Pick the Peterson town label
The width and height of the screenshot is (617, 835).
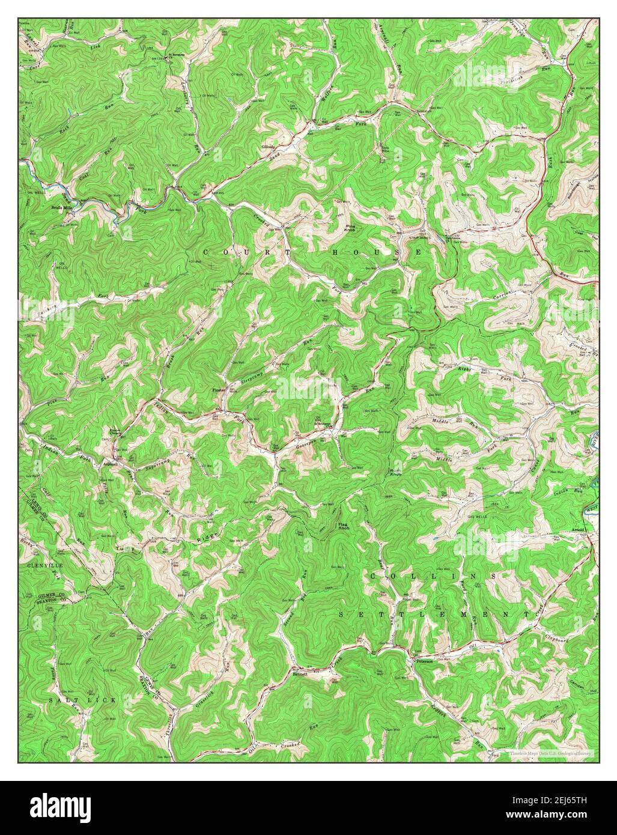pos(423,661)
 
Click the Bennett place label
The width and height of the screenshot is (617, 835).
pos(300,674)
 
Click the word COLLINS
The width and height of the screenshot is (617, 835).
pos(433,576)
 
